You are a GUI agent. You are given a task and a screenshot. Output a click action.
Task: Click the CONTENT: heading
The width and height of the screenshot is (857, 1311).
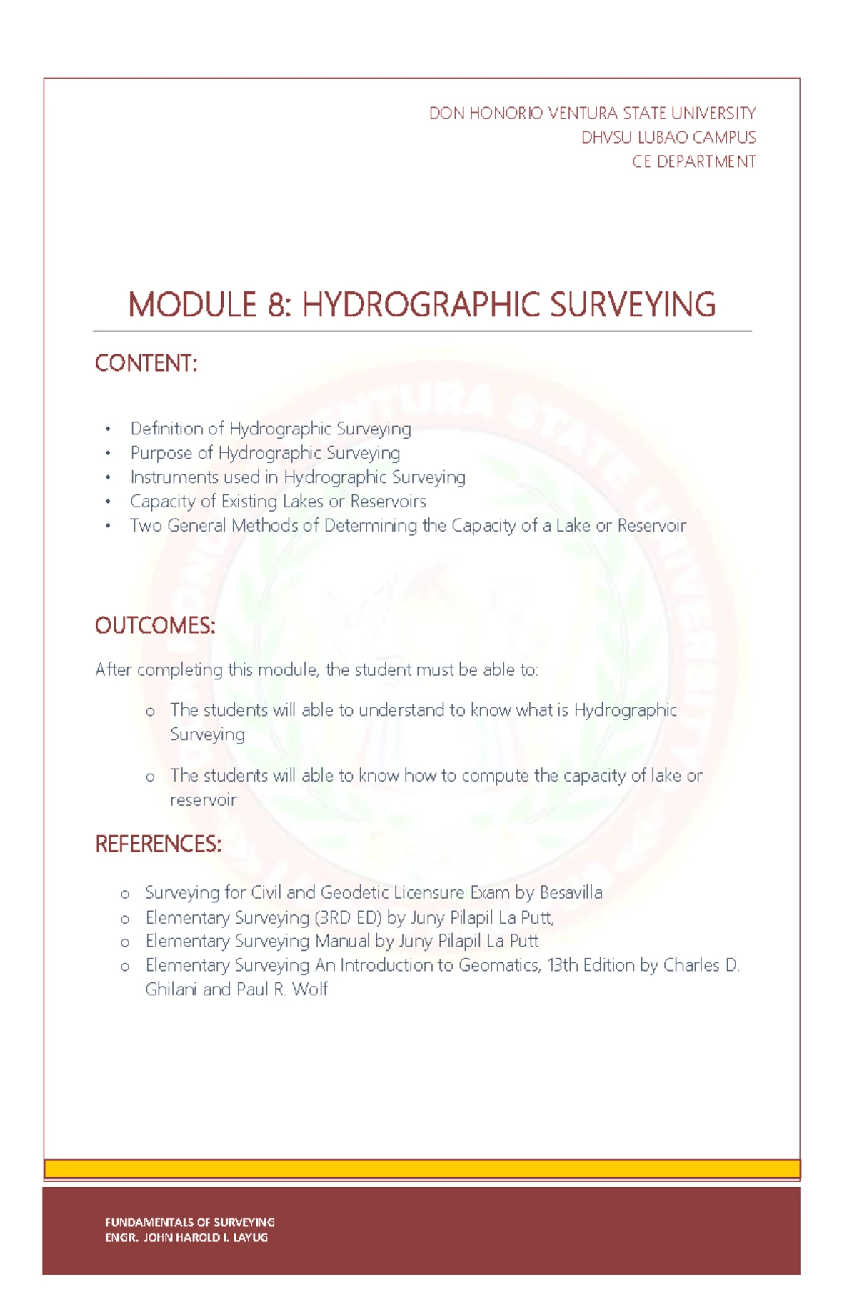146,363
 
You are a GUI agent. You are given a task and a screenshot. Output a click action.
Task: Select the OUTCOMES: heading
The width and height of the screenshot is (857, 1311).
155,625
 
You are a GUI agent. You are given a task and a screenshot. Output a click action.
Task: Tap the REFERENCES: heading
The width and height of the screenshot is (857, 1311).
158,844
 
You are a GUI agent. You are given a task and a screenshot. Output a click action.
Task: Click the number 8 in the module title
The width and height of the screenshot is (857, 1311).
275,305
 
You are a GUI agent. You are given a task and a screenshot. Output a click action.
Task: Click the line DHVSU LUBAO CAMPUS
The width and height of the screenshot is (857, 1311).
668,137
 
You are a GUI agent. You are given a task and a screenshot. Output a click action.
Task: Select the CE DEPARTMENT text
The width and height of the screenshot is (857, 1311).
693,161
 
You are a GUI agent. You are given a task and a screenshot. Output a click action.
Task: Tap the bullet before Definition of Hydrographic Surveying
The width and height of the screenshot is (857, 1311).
108,429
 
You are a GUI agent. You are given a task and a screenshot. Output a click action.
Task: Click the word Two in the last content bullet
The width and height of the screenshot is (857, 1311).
146,525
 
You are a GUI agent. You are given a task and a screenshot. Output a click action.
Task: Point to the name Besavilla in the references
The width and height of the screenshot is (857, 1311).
571,892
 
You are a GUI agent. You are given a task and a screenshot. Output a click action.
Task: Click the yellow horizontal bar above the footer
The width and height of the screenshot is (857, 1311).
421,1169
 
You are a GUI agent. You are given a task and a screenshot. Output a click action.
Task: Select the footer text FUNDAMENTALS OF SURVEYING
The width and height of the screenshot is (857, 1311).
190,1222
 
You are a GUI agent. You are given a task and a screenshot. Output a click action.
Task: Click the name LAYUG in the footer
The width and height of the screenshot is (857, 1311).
250,1237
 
